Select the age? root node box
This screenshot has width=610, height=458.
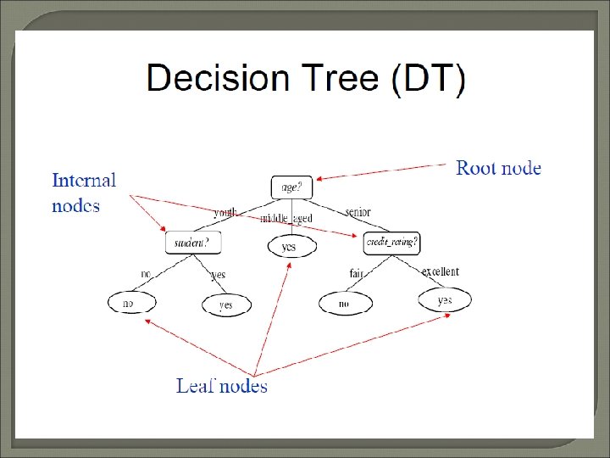point(291,187)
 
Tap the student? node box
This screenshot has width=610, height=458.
point(192,243)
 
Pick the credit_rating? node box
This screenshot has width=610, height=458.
point(391,243)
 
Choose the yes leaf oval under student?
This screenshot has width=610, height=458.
point(226,304)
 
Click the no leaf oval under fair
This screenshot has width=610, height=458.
point(345,304)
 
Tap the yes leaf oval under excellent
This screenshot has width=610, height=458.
point(445,300)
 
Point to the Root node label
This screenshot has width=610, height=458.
point(498,168)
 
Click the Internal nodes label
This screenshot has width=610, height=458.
point(83,193)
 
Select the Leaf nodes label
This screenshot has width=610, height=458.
point(221,386)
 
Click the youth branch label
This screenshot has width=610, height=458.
point(225,213)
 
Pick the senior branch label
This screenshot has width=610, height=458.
point(357,211)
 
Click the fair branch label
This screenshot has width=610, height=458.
point(357,273)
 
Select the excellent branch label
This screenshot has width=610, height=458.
point(440,271)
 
